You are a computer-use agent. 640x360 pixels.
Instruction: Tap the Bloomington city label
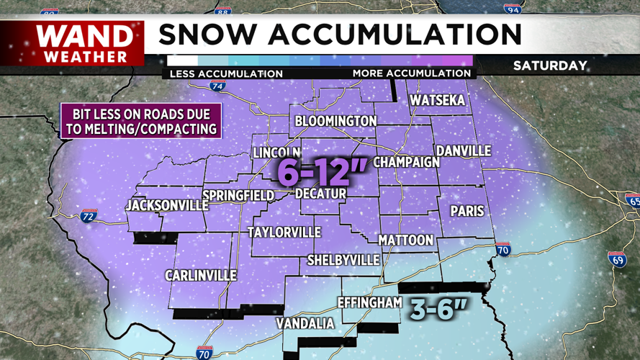335,121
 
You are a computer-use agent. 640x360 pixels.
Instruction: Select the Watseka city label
437,101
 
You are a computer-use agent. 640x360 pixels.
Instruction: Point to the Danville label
464,151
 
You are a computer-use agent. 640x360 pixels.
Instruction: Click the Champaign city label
406,162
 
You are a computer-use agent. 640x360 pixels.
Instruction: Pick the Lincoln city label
276,153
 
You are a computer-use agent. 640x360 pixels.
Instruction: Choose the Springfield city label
238,196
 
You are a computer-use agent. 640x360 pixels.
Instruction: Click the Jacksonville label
166,206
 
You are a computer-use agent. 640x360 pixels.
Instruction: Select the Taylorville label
284,233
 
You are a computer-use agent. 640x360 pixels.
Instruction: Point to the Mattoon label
406,240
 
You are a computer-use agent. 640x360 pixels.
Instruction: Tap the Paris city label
467,212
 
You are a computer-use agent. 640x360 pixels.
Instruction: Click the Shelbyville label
343,259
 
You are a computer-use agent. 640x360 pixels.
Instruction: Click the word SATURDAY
550,66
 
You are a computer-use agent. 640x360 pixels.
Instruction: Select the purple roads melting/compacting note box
140,122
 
